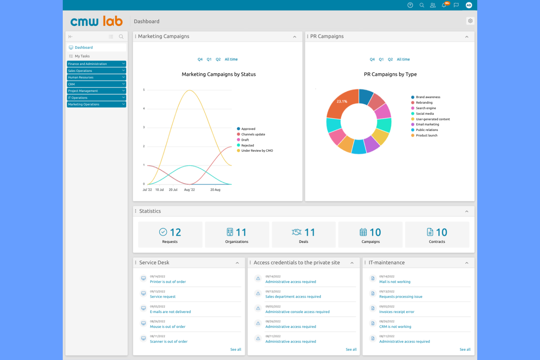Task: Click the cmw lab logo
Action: point(96,22)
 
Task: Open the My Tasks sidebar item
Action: point(82,56)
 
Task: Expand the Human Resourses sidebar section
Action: point(96,77)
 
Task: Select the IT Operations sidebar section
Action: point(96,98)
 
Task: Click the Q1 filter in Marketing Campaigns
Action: point(209,59)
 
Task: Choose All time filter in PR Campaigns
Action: point(403,59)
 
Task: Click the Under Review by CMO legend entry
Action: point(257,151)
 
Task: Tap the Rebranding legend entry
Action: point(424,102)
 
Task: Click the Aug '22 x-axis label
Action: point(189,190)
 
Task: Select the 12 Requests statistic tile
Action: point(170,235)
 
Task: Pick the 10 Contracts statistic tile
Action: point(437,235)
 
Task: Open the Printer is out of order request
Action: point(168,282)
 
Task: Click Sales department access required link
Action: point(293,297)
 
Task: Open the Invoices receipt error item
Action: point(397,312)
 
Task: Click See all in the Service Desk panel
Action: point(235,349)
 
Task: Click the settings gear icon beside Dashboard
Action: point(470,21)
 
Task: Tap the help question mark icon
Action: point(410,5)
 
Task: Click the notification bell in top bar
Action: point(444,5)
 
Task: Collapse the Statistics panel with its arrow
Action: point(467,212)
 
